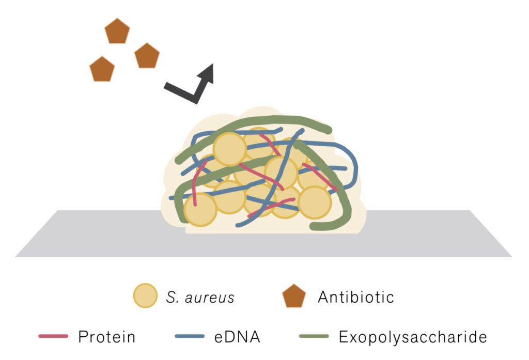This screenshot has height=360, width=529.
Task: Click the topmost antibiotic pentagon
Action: [x=117, y=32]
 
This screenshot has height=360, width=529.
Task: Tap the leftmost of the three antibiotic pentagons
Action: [x=102, y=69]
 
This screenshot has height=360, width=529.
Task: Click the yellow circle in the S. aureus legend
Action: [x=145, y=296]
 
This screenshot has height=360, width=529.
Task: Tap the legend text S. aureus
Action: [x=200, y=298]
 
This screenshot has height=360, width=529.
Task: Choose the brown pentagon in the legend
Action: [x=294, y=296]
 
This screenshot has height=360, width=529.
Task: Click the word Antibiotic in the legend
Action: [x=356, y=297]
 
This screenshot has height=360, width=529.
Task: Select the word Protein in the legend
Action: [x=106, y=337]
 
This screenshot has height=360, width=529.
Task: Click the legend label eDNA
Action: [x=237, y=337]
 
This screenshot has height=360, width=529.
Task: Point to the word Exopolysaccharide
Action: [x=413, y=337]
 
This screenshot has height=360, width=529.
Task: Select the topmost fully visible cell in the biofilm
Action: [x=230, y=149]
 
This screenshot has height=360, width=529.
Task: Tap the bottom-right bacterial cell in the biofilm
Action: [x=314, y=202]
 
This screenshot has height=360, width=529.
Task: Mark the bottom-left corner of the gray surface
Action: [x=16, y=256]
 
